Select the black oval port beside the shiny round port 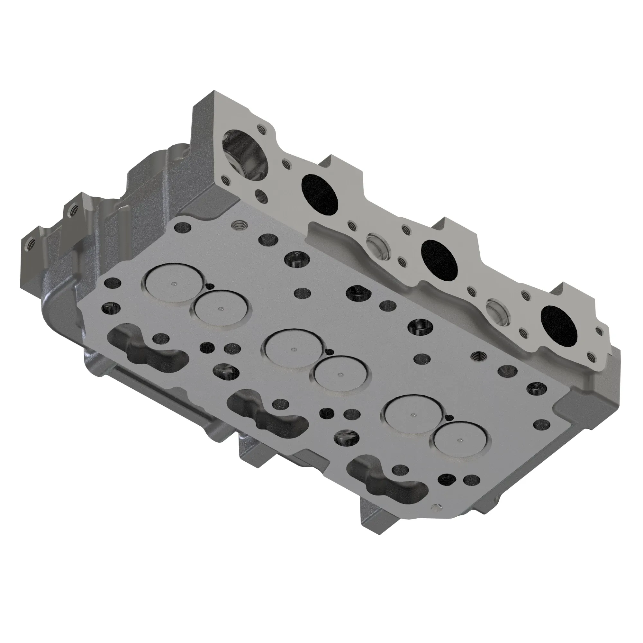(320, 194)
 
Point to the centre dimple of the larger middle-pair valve (293, 349)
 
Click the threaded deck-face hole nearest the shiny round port (239, 226)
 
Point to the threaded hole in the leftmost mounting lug (27, 247)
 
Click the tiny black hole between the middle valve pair (330, 352)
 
